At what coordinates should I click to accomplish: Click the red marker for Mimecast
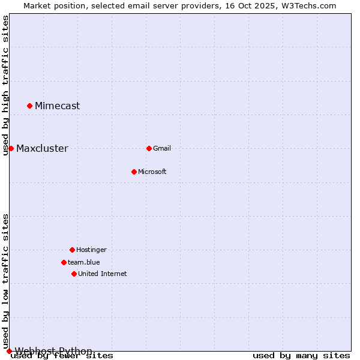click(29, 106)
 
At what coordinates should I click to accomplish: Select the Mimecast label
click(57, 106)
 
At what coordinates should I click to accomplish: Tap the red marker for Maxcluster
click(11, 148)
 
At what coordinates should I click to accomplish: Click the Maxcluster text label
click(42, 149)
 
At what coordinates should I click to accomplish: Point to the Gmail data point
click(149, 148)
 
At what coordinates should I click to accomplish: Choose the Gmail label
click(162, 149)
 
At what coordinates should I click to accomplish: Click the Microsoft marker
click(134, 172)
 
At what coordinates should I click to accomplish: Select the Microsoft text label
click(152, 172)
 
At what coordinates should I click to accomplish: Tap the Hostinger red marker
click(72, 250)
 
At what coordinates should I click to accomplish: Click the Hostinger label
click(91, 250)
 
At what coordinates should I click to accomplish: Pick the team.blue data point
click(64, 262)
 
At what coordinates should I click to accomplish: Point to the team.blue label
click(83, 262)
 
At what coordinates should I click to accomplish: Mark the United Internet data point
click(74, 274)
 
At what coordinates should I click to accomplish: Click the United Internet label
click(102, 274)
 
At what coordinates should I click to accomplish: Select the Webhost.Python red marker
click(9, 351)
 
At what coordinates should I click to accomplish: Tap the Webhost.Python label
click(53, 351)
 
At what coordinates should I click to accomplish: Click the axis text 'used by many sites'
click(301, 356)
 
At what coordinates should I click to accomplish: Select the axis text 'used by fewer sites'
click(62, 356)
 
